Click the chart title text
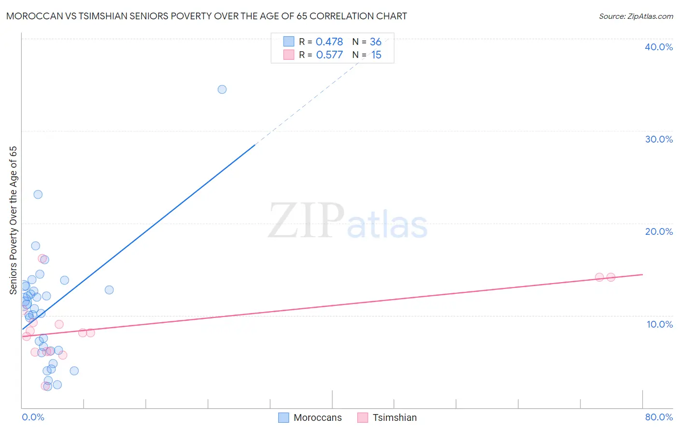[206, 16]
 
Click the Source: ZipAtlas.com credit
[636, 16]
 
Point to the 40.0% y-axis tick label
[659, 47]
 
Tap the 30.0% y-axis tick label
[659, 139]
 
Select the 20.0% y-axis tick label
[659, 231]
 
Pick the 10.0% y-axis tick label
[660, 324]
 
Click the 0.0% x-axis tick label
[33, 417]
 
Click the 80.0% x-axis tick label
[659, 417]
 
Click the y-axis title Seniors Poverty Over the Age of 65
[13, 220]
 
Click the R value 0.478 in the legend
[329, 42]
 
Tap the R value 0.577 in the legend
[329, 55]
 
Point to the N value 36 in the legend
[376, 42]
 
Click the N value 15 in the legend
[376, 55]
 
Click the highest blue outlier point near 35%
[222, 89]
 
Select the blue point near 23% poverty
[38, 195]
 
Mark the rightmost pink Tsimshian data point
[611, 277]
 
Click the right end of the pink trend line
[642, 274]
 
